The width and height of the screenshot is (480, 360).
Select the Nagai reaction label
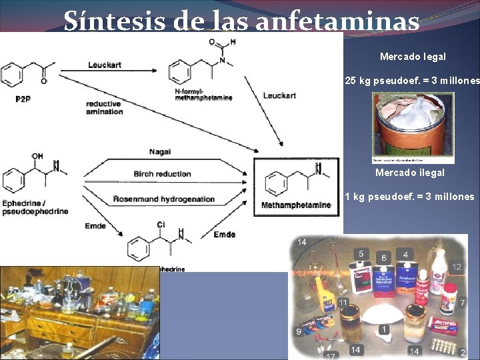[x=160, y=152]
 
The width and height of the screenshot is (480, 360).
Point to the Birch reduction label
[x=162, y=174]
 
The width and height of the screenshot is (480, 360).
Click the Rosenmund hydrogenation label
[x=164, y=199]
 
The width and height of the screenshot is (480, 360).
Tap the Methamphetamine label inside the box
[x=296, y=205]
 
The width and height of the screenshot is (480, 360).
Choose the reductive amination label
[x=104, y=107]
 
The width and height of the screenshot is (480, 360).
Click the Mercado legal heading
[x=413, y=57]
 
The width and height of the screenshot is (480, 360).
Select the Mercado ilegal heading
[x=409, y=173]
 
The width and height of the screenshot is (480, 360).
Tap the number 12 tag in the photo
[x=457, y=267]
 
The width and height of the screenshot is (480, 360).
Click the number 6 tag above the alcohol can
[x=384, y=257]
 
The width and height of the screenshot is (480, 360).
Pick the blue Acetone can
[x=406, y=283]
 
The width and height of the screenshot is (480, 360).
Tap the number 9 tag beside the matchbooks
[x=299, y=331]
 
